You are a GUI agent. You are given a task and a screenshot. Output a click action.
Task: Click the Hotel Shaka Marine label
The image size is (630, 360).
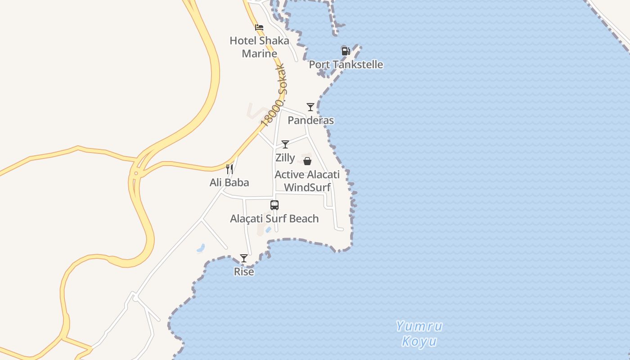(x=259, y=47)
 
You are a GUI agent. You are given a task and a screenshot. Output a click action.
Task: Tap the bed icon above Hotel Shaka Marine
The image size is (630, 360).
(x=259, y=27)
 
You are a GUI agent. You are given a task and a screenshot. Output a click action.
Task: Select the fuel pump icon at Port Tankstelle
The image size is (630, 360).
(x=346, y=51)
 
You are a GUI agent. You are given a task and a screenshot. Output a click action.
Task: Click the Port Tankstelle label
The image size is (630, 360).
(x=346, y=64)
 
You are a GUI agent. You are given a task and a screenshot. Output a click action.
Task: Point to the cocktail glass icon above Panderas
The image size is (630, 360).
(x=310, y=107)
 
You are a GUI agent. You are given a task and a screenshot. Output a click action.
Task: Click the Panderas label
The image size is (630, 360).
(x=310, y=120)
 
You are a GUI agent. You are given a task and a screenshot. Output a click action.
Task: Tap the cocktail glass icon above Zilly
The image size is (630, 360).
(x=285, y=144)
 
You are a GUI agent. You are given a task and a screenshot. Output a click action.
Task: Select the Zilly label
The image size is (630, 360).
(x=285, y=158)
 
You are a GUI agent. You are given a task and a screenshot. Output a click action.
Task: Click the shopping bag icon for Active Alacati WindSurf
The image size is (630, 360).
(x=307, y=161)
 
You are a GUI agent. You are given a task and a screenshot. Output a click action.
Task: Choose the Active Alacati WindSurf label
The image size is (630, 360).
(x=307, y=181)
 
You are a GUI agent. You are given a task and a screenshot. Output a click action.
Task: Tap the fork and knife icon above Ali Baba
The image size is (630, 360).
(x=229, y=169)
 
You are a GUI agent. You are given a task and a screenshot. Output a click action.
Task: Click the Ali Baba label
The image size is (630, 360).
(x=229, y=183)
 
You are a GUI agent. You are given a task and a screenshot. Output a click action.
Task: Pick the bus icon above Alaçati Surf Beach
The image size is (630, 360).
(x=274, y=205)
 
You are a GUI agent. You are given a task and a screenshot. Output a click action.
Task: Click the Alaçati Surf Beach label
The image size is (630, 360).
(x=274, y=219)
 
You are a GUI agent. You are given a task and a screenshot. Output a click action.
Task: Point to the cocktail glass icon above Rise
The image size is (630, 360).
(x=244, y=258)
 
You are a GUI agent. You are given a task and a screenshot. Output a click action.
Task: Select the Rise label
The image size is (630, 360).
(x=244, y=272)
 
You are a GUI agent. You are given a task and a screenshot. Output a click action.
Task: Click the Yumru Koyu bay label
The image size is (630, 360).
(x=419, y=333)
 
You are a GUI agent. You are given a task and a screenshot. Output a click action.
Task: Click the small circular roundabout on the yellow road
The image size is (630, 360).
(x=135, y=173)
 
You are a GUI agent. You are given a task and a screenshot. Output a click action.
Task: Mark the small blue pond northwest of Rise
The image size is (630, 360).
(x=201, y=247)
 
